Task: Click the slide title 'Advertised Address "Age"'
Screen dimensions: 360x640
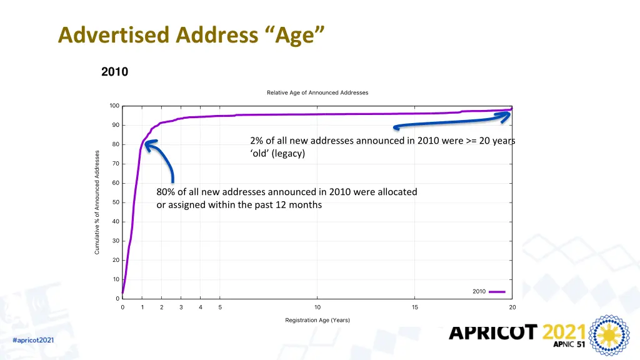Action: point(191,34)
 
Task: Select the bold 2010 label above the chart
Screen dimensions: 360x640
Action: point(114,72)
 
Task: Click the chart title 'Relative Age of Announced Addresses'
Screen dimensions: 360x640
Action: point(317,92)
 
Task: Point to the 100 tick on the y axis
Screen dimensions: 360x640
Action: point(114,106)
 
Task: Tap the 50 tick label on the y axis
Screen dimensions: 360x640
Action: point(115,202)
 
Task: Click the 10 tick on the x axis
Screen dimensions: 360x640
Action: point(317,307)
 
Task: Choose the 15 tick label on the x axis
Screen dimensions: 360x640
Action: point(415,307)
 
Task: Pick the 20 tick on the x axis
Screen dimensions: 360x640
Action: point(512,307)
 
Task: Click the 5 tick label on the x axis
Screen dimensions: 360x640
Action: point(220,307)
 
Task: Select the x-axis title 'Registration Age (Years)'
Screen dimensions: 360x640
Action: point(317,320)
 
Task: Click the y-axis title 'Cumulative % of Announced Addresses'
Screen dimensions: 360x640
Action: point(97,202)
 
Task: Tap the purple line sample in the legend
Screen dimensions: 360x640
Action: point(497,291)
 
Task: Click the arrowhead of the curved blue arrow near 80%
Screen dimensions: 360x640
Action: point(148,143)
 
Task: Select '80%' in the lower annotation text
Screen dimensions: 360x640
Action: point(166,192)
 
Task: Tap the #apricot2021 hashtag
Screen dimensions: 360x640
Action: point(33,340)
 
